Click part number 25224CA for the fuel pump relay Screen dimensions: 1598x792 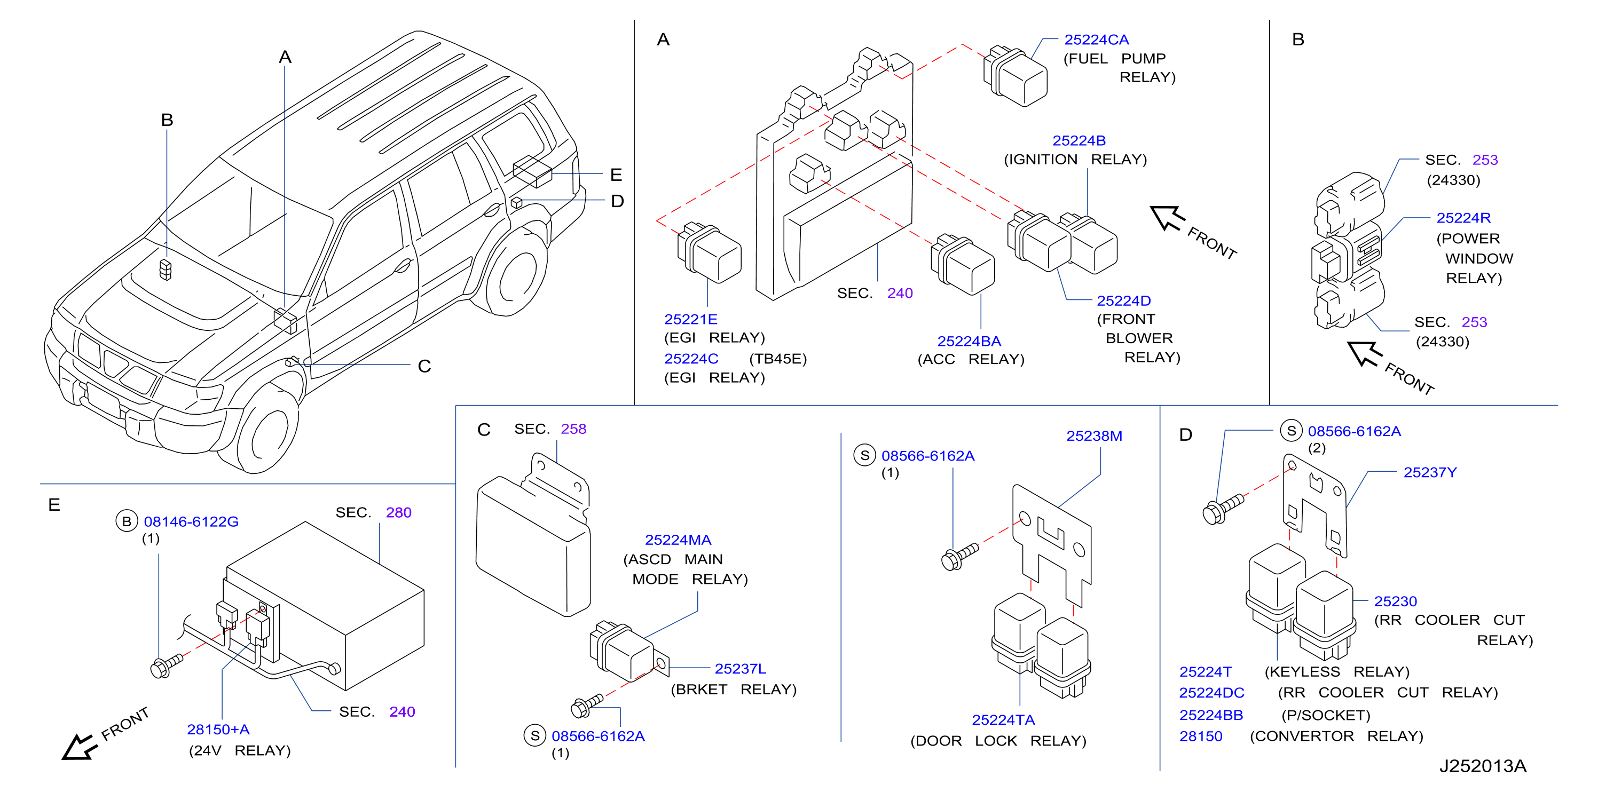pos(1096,39)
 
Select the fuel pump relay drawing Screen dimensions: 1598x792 pos(1015,76)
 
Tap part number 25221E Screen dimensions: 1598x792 pos(690,319)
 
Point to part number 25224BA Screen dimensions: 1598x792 pos(969,341)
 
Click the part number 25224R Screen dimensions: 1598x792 pos(1463,218)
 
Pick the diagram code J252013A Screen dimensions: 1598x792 pos(1483,766)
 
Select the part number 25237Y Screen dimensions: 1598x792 pos(1430,473)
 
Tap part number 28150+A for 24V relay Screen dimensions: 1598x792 pos(218,730)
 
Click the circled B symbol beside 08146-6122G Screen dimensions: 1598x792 pos(127,521)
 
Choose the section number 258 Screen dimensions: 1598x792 pos(573,429)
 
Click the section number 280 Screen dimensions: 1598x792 pos(398,512)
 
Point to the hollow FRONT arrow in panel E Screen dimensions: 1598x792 pos(81,747)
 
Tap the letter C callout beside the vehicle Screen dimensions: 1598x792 pos(424,366)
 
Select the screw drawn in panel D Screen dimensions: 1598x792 pos(1223,509)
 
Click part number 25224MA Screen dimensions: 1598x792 pos(678,540)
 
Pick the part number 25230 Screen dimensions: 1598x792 pos(1395,601)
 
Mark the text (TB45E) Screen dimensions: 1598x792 pos(777,359)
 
